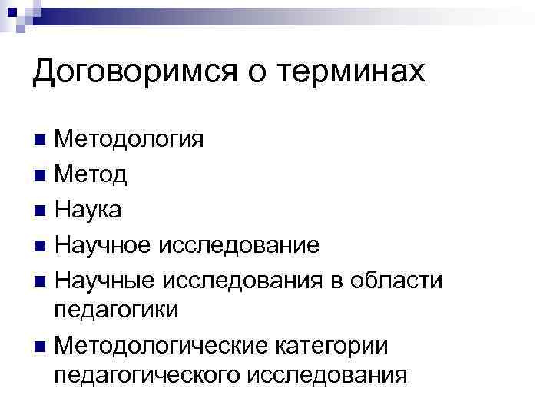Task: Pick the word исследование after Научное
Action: (x=239, y=245)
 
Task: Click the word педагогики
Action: (x=116, y=310)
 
